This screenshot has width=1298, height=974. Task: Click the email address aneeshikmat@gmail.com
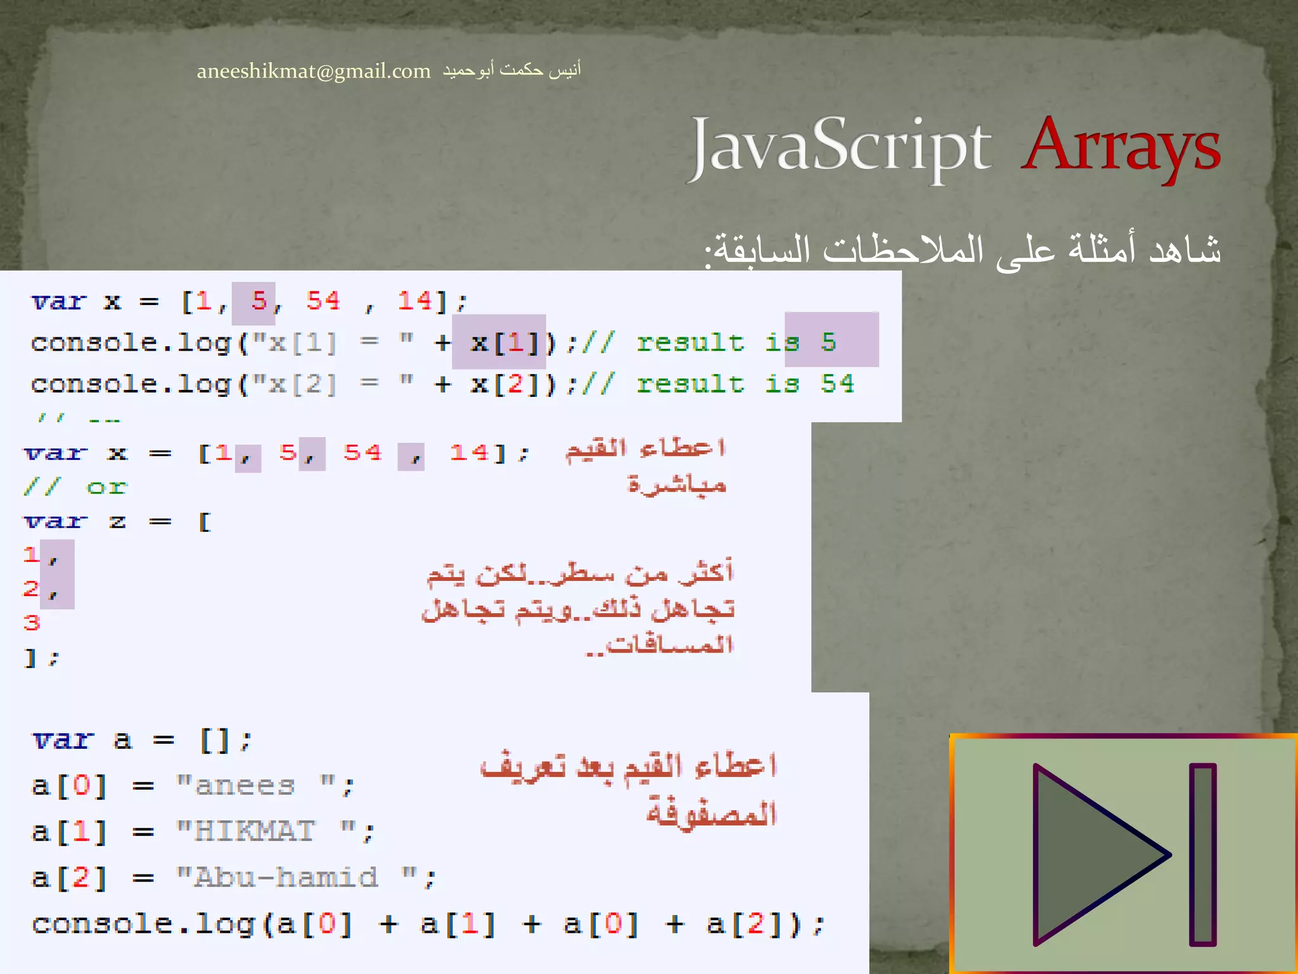313,71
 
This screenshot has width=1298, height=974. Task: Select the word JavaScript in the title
840,148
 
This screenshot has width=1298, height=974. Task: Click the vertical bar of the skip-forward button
1202,854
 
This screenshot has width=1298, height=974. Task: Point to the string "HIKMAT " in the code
276,831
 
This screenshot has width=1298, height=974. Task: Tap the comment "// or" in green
75,487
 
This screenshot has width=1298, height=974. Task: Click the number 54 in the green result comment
837,384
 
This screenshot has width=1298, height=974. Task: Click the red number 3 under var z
32,623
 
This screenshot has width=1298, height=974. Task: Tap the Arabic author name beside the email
511,69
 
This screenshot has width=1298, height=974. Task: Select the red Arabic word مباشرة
676,484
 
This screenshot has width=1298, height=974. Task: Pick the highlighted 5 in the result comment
828,342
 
